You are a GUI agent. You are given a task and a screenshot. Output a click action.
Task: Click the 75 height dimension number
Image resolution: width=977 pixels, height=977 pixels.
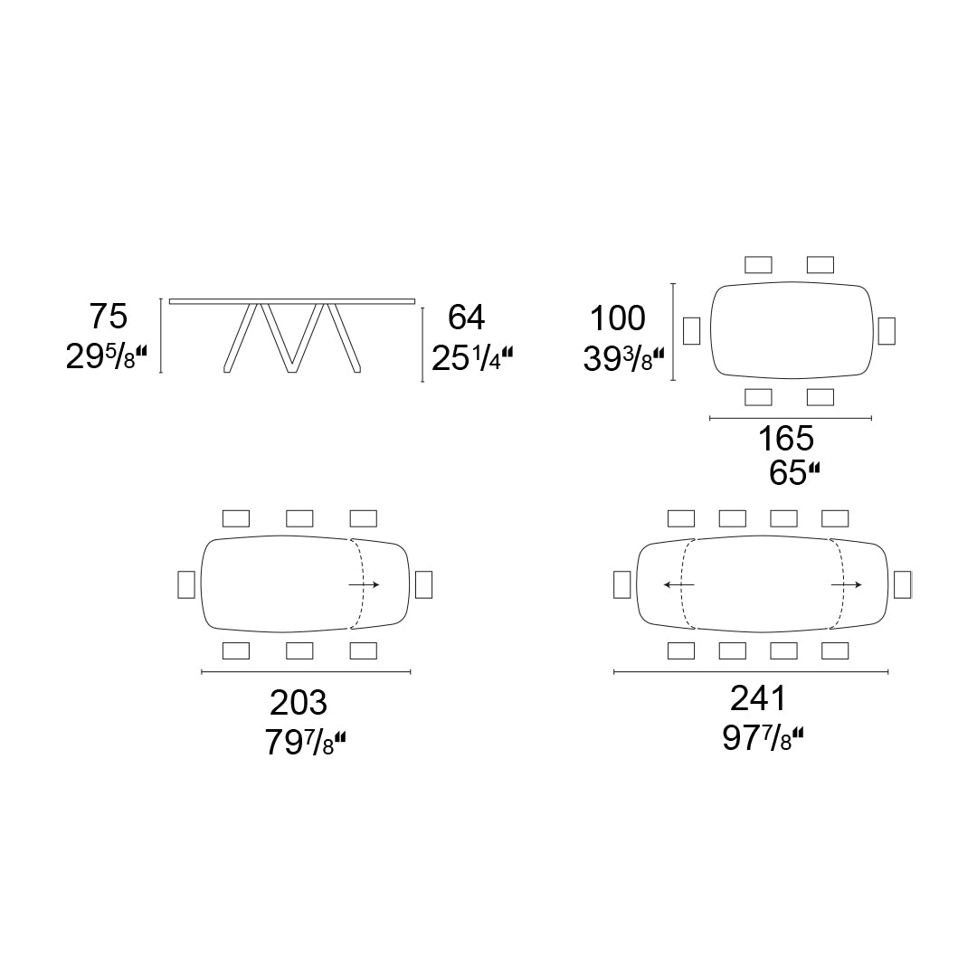[109, 316]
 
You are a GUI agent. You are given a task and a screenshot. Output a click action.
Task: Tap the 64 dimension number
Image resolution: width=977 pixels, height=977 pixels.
[466, 318]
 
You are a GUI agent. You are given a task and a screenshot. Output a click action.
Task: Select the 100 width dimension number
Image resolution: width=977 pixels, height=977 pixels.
[618, 318]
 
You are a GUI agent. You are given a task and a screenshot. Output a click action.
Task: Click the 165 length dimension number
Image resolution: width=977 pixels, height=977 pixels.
[786, 438]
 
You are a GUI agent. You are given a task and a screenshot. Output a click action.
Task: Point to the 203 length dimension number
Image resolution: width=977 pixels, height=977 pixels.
[299, 703]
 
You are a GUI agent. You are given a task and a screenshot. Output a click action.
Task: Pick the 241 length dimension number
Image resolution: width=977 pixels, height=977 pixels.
[758, 698]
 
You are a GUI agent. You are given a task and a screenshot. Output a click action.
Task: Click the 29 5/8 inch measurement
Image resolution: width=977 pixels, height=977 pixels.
[107, 357]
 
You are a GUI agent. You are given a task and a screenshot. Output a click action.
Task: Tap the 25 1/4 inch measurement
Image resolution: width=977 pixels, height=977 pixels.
[472, 359]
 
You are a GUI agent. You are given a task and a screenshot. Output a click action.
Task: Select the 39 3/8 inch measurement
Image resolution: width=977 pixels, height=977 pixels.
[623, 359]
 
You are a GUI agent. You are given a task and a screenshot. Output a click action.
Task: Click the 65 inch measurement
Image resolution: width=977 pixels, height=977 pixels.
[794, 473]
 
